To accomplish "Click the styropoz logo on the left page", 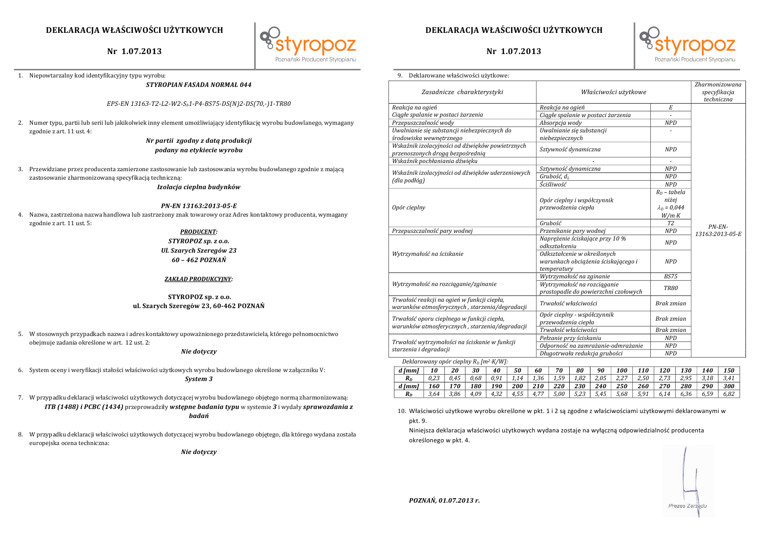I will coord(308,44).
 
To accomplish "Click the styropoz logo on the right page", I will coord(687,44).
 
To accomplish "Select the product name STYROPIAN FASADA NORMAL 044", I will coord(199,85).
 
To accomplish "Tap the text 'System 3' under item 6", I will coord(199,379).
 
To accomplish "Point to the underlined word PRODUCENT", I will coord(198,232).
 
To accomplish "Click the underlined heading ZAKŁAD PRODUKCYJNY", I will coord(198,279).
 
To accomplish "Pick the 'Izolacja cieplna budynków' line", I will coord(199,187).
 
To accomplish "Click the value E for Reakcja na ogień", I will coord(671,108).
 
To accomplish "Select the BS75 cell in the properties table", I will coord(671,277).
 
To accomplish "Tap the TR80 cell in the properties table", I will coord(671,288).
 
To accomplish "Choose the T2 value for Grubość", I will coord(671,223).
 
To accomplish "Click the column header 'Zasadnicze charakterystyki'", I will coord(462,92).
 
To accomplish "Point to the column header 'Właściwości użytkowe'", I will coord(613,92).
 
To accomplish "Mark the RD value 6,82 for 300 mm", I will coord(729,394).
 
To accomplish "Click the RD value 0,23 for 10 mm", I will coord(434,378).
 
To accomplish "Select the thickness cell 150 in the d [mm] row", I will coord(729,370).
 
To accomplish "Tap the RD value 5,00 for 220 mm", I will coord(559,394).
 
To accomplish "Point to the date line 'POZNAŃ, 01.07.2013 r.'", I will coord(444,500).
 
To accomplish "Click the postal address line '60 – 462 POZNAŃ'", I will coord(199,260).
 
